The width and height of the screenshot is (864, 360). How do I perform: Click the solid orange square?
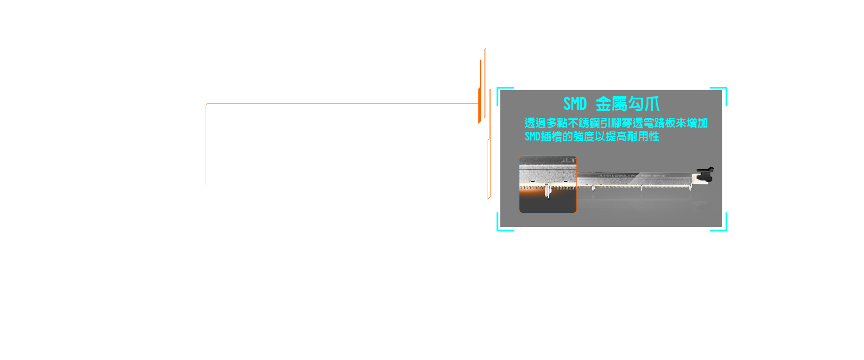click(x=217, y=121)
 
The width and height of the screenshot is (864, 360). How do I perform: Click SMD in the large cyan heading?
click(x=575, y=104)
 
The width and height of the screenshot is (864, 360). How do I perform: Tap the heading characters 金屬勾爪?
click(x=627, y=104)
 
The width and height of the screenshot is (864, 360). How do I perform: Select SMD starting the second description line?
click(x=532, y=137)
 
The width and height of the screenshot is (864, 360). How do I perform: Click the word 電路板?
click(x=659, y=123)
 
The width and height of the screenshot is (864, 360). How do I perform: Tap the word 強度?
click(x=584, y=137)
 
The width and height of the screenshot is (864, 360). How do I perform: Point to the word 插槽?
click(x=551, y=137)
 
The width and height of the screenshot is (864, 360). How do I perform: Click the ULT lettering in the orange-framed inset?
click(x=567, y=160)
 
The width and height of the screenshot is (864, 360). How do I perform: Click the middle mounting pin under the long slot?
click(x=641, y=188)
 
